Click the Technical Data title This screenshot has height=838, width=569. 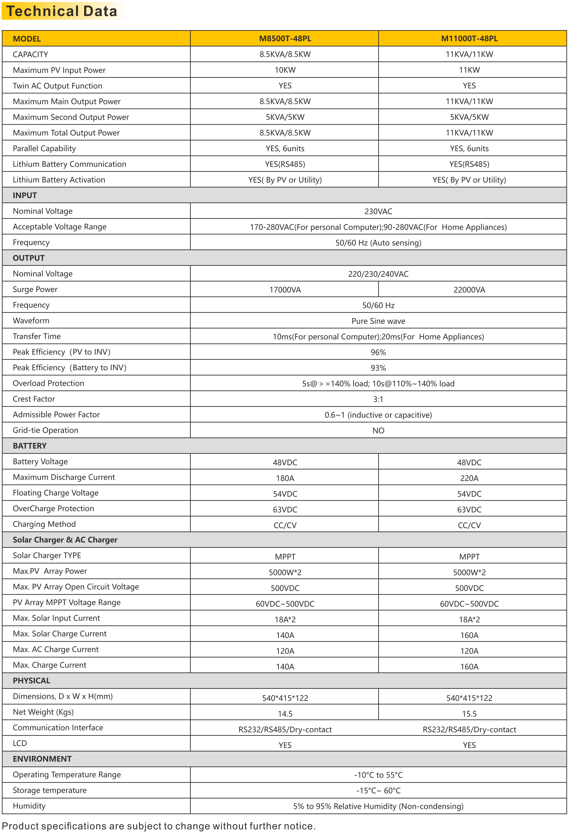click(x=62, y=11)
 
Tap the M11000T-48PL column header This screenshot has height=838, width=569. click(x=469, y=39)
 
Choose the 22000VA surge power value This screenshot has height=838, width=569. click(x=469, y=290)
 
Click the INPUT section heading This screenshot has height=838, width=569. click(x=25, y=195)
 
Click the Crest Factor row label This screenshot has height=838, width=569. click(x=34, y=399)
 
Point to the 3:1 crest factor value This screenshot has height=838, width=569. click(x=378, y=399)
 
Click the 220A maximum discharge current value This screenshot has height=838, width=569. click(x=469, y=478)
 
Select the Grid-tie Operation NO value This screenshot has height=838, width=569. click(x=378, y=431)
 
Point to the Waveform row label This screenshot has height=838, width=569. click(x=31, y=321)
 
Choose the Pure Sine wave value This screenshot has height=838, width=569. click(x=378, y=321)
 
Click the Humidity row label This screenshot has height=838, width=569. click(x=29, y=806)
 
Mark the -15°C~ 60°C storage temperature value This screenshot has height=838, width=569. click(x=378, y=790)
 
